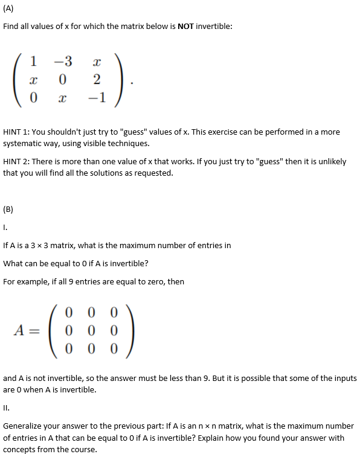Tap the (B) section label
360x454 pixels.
tap(8, 210)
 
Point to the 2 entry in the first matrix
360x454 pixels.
tap(97, 80)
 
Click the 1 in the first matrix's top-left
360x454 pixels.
tap(33, 61)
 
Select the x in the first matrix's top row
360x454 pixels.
tap(97, 62)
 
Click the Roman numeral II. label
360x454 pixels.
tap(7, 408)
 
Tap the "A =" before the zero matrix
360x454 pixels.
tap(28, 330)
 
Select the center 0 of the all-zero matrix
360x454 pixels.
tap(91, 330)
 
